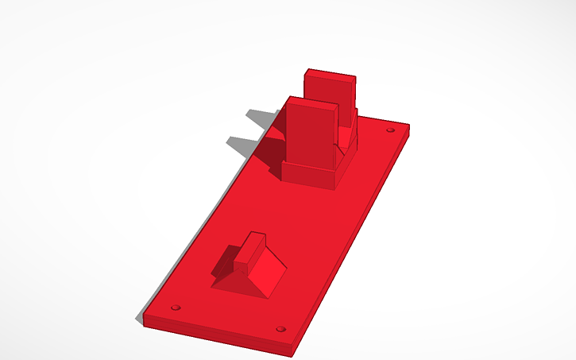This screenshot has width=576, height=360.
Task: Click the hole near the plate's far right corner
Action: pyautogui.click(x=390, y=130)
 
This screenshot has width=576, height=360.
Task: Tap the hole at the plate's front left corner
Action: pyautogui.click(x=176, y=307)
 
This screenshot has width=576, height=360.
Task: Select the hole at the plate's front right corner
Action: pyautogui.click(x=280, y=328)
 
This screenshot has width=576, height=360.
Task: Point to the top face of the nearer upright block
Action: pyautogui.click(x=311, y=103)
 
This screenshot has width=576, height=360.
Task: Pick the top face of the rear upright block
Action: pyautogui.click(x=331, y=75)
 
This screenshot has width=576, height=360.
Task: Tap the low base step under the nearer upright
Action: pyautogui.click(x=309, y=176)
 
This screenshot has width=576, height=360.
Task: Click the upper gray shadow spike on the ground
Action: pyautogui.click(x=256, y=118)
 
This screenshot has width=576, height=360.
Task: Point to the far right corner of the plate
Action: pyautogui.click(x=409, y=125)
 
